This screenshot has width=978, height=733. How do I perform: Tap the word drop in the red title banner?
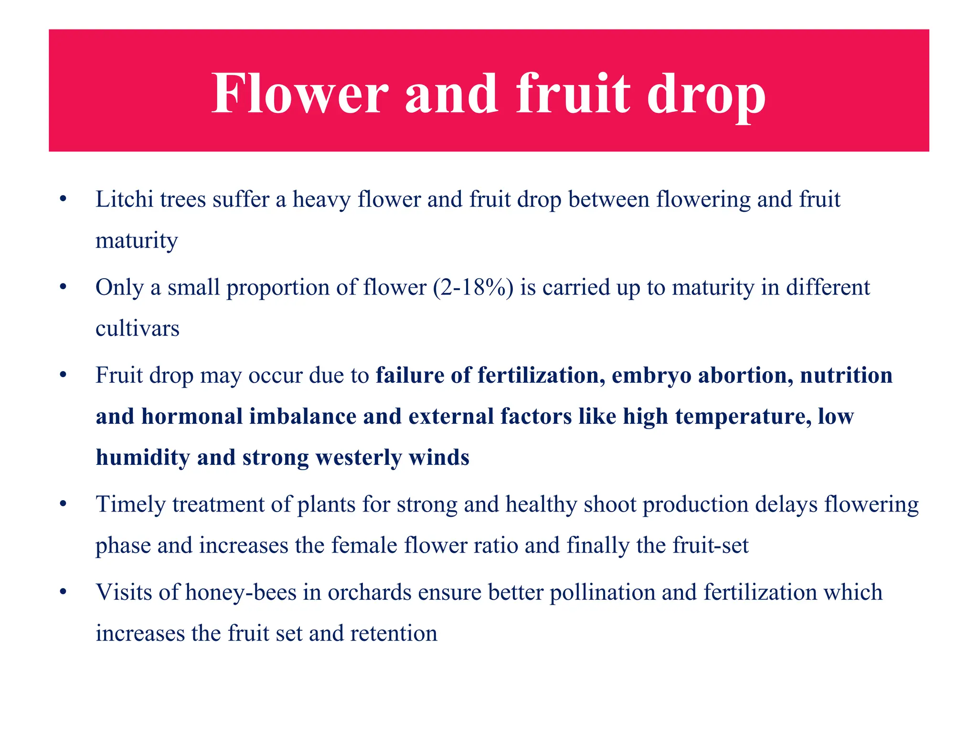pos(706,95)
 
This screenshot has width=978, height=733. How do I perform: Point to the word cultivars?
pos(138,328)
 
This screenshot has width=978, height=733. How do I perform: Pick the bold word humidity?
pos(143,458)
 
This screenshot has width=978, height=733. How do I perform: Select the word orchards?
pos(370,593)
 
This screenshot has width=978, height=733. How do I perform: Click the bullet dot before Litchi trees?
pos(63,199)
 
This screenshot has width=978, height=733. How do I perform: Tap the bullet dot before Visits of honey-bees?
pos(63,593)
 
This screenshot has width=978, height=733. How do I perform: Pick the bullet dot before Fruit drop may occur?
pos(63,376)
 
